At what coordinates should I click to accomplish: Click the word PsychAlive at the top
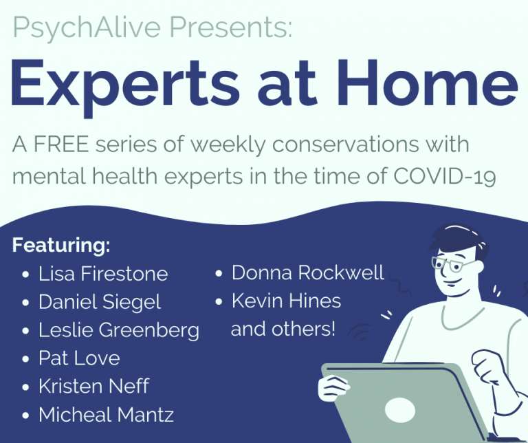coord(87,28)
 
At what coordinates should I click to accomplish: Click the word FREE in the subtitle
coord(61,144)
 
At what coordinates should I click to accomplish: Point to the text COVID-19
coord(445,176)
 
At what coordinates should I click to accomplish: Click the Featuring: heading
coord(61,246)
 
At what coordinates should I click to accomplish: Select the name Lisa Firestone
coord(103,274)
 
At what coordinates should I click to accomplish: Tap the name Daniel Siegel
coord(100,303)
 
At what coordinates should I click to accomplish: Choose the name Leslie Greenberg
coord(119,330)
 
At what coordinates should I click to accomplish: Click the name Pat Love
coord(79,358)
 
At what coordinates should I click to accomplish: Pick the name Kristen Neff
coord(93,386)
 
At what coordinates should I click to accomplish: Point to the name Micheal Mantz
coord(106,414)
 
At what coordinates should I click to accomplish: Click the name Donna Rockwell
coord(308,272)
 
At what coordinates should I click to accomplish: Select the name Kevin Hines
coord(286,301)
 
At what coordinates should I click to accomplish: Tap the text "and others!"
coord(283,329)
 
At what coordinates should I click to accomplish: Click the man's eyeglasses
coord(451,263)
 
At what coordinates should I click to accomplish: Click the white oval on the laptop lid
coord(399,410)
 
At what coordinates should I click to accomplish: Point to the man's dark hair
coord(460,239)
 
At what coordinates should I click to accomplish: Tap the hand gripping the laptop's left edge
coord(333,388)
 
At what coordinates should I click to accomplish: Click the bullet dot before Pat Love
coord(25,358)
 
